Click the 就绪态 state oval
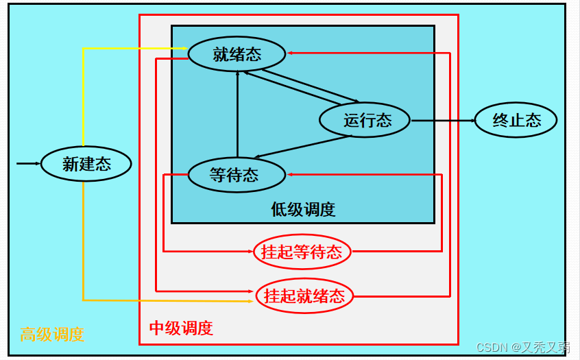pos(237,53)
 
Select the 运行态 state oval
pos(364,120)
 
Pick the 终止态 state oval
pos(516,120)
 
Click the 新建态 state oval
pos(86,163)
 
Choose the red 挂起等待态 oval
pos(302,252)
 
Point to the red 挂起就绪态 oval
pos(304,296)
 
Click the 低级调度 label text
pos(302,209)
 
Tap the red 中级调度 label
pos(181,328)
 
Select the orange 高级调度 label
pos(52,335)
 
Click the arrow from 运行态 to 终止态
pos(442,121)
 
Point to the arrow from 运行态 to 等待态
pos(302,147)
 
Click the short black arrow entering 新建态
pos(28,163)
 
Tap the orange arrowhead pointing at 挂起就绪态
pos(249,301)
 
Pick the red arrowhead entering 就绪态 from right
pos(291,53)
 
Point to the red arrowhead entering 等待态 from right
pos(291,174)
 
